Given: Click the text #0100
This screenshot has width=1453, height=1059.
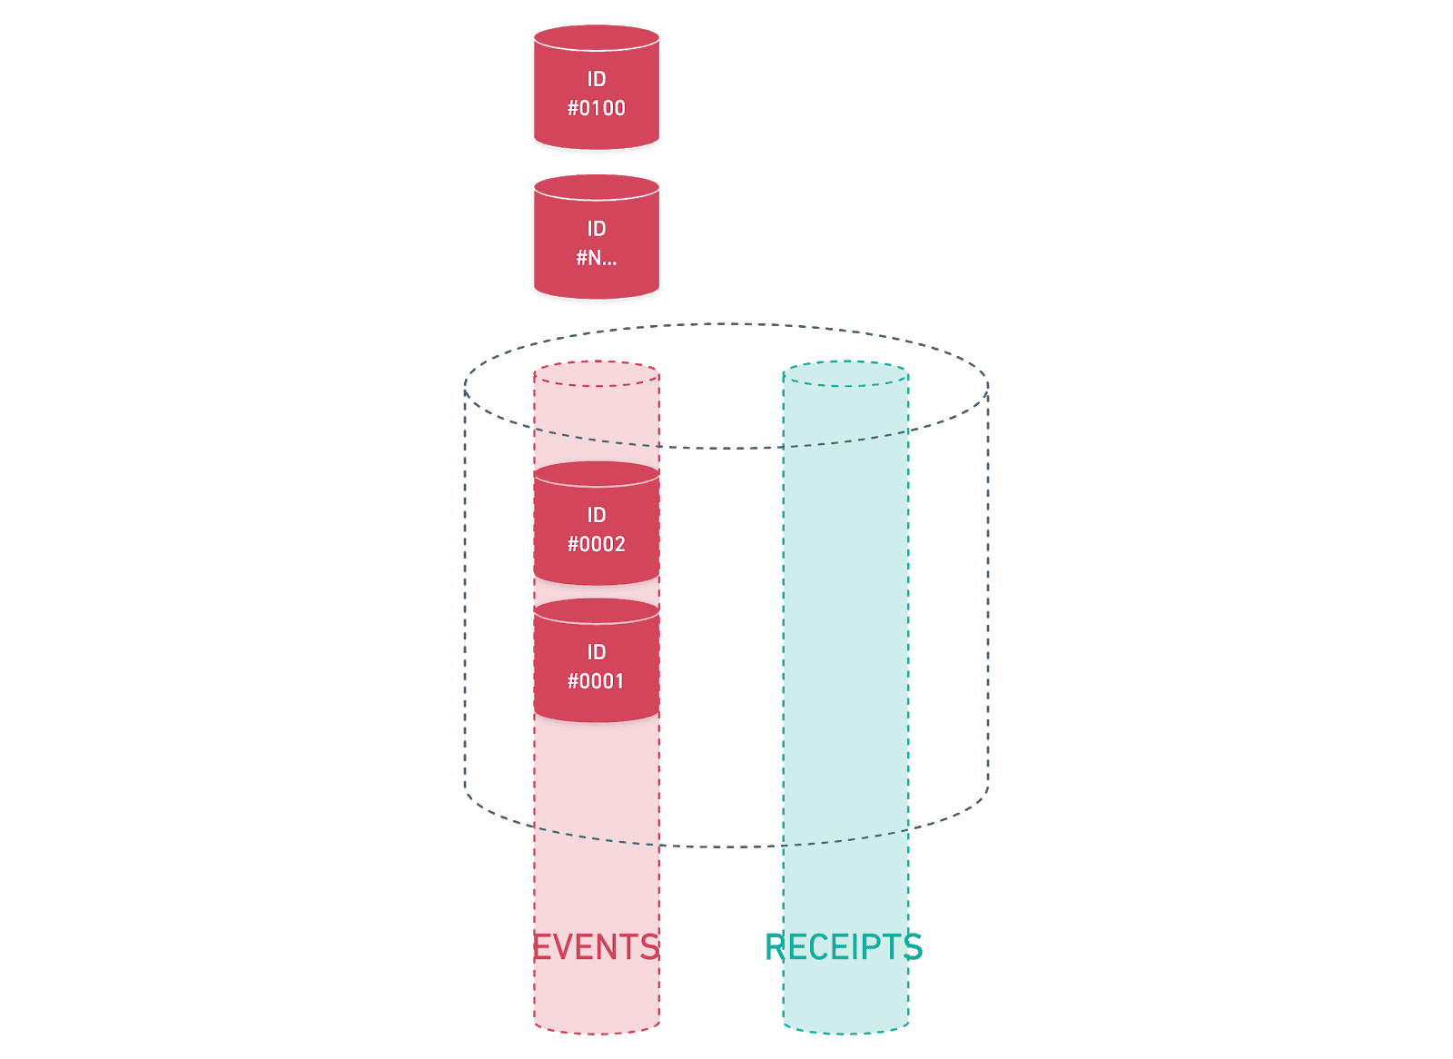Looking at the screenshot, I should click(596, 108).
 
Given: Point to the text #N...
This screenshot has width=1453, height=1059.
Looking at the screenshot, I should click(596, 258).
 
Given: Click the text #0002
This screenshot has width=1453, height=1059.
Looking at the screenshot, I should click(596, 544).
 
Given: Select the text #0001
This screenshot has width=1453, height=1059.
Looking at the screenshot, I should click(596, 681).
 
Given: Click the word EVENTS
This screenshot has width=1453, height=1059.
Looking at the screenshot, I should click(596, 947).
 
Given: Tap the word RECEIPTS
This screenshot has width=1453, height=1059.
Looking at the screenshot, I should click(844, 947).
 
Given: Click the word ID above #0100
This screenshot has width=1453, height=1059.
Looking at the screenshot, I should click(596, 79).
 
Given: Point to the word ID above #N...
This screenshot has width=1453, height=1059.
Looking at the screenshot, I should click(596, 229).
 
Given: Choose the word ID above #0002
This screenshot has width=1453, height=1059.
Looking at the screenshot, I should click(596, 515).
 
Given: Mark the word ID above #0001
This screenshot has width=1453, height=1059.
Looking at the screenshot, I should click(596, 652).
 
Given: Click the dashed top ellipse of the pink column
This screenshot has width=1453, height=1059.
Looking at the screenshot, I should click(597, 374).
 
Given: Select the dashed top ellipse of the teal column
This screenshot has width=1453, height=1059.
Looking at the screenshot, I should click(845, 374).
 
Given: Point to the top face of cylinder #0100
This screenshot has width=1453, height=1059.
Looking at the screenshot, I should click(596, 38).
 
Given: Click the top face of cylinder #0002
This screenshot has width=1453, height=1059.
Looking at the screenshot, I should click(596, 474).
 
